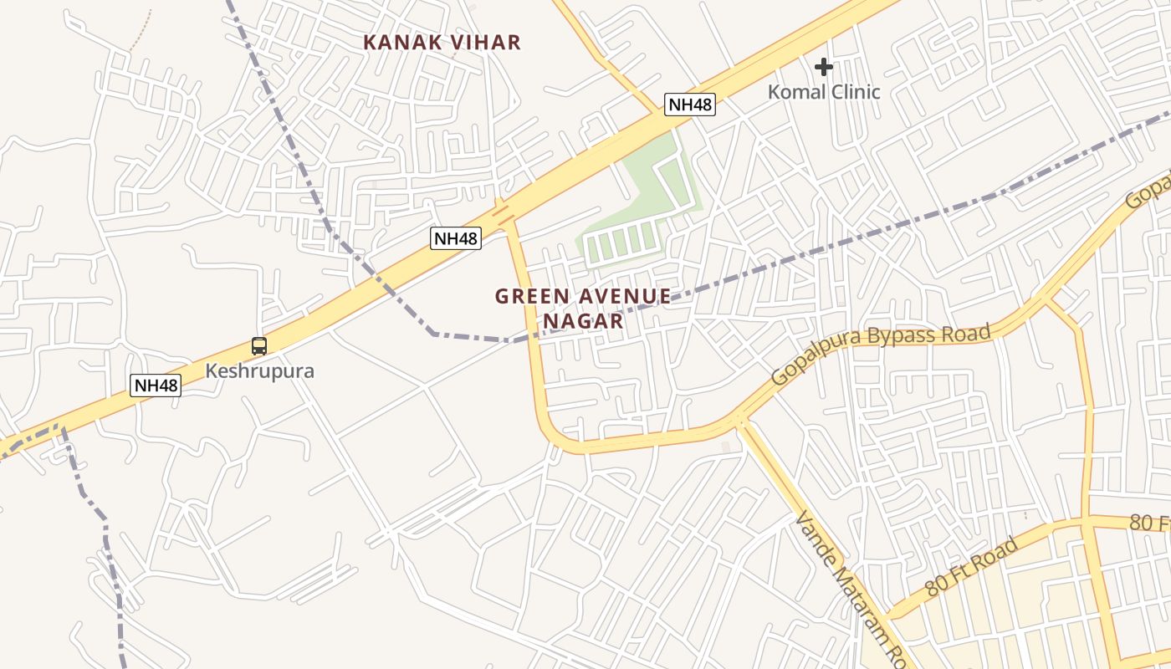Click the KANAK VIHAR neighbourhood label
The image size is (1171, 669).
click(x=442, y=43)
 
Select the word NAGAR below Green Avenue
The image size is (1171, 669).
click(x=583, y=321)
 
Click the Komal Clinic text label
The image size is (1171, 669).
click(x=824, y=92)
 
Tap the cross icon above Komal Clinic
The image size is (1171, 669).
click(x=824, y=66)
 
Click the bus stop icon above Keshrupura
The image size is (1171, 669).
click(x=259, y=346)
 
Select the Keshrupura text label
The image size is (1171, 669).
click(x=259, y=370)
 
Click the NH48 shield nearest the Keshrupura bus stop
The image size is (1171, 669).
click(x=156, y=386)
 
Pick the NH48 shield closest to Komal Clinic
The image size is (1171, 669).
click(x=690, y=105)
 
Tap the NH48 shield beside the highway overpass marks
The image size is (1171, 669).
click(x=457, y=238)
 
